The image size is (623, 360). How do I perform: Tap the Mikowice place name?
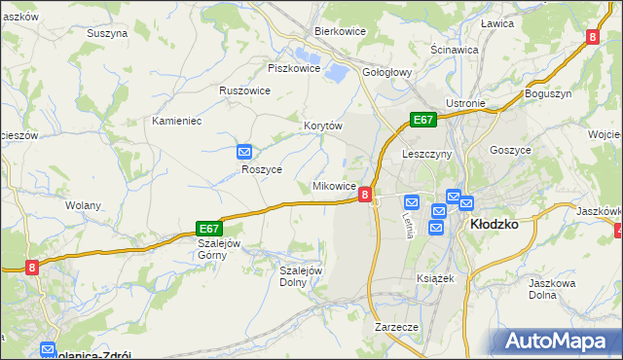[333, 186]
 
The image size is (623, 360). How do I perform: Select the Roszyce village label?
[262, 168]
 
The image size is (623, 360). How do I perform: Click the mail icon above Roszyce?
[244, 152]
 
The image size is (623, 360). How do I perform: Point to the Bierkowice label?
[339, 31]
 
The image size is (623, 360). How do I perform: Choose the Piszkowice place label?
[293, 68]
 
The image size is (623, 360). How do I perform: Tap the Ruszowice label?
[244, 90]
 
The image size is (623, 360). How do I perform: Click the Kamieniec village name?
[176, 121]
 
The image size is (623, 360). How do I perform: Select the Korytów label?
[324, 126]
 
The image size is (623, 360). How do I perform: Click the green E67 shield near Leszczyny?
[421, 120]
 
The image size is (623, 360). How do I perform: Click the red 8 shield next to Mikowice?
[364, 195]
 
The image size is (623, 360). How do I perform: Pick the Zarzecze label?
[396, 328]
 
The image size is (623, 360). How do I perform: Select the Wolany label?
[83, 205]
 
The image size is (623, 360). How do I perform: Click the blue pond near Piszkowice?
[335, 70]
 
